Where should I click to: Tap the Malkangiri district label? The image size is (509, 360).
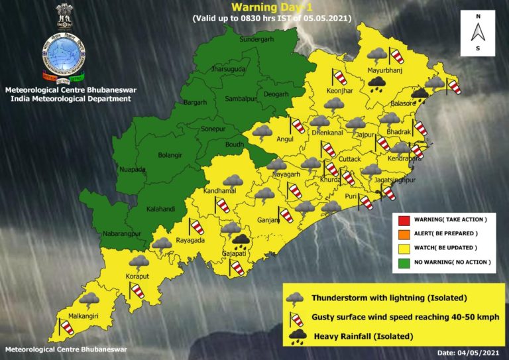click(x=81, y=317)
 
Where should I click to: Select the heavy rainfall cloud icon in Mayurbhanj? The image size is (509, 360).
click(x=378, y=84)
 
